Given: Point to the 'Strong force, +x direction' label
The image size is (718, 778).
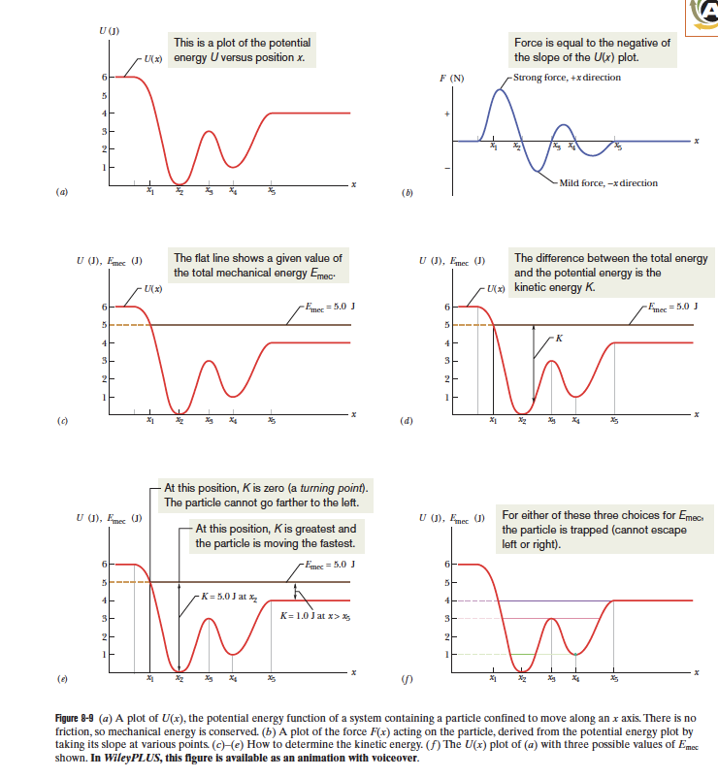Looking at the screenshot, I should point(567,77).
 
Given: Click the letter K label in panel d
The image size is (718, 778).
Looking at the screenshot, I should point(560,338).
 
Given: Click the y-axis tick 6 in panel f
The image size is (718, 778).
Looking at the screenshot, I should point(447,564).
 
